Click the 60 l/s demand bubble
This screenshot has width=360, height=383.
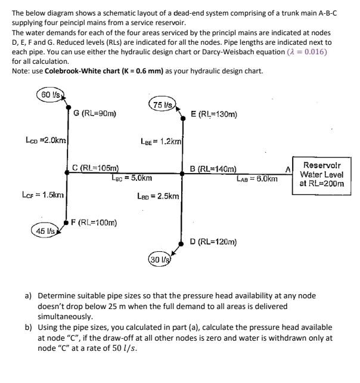[x=49, y=94]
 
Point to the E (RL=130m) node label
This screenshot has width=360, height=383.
[x=214, y=113]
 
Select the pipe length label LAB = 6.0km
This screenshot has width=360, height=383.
[x=257, y=178]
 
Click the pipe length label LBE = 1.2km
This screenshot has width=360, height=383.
[x=161, y=142]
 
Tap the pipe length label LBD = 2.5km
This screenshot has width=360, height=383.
[x=157, y=196]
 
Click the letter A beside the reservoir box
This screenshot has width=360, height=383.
[x=287, y=169]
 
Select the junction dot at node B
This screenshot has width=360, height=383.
[x=182, y=174]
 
